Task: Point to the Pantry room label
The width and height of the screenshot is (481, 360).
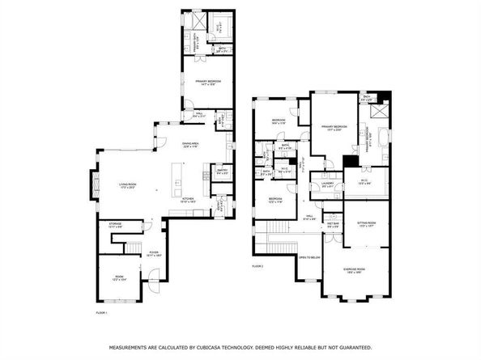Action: pyautogui.click(x=223, y=171)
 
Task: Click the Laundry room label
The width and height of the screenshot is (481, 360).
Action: pyautogui.click(x=327, y=183)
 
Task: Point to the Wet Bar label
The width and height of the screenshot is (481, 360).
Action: pyautogui.click(x=332, y=225)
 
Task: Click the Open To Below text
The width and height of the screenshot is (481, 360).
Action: pyautogui.click(x=309, y=257)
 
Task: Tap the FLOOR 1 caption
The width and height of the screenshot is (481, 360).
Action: pyautogui.click(x=102, y=311)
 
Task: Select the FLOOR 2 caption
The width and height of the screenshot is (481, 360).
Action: pyautogui.click(x=258, y=265)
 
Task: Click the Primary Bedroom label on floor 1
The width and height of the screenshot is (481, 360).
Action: pyautogui.click(x=207, y=82)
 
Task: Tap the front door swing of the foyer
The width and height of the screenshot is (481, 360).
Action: pyautogui.click(x=155, y=282)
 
